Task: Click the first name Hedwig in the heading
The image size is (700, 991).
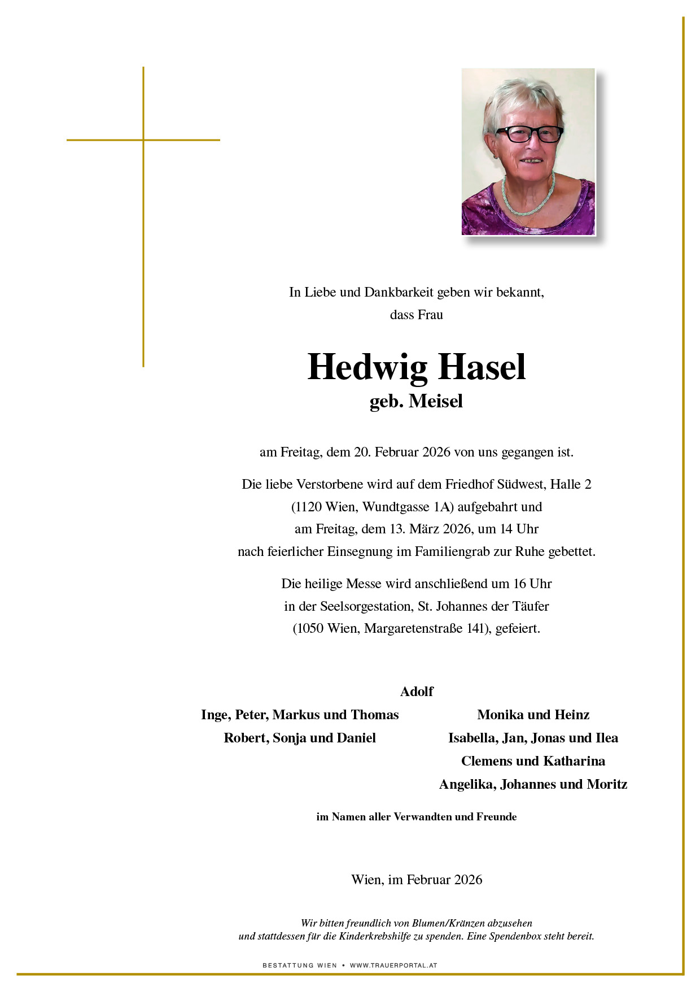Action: [368, 368]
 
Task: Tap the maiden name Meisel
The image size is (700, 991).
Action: [435, 401]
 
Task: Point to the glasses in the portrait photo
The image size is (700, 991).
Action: [529, 134]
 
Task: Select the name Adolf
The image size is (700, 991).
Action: [417, 692]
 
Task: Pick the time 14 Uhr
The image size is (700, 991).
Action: [519, 529]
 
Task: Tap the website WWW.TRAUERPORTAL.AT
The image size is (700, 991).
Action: [393, 966]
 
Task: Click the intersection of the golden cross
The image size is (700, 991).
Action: [143, 140]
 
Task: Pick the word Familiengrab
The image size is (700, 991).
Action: [452, 552]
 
